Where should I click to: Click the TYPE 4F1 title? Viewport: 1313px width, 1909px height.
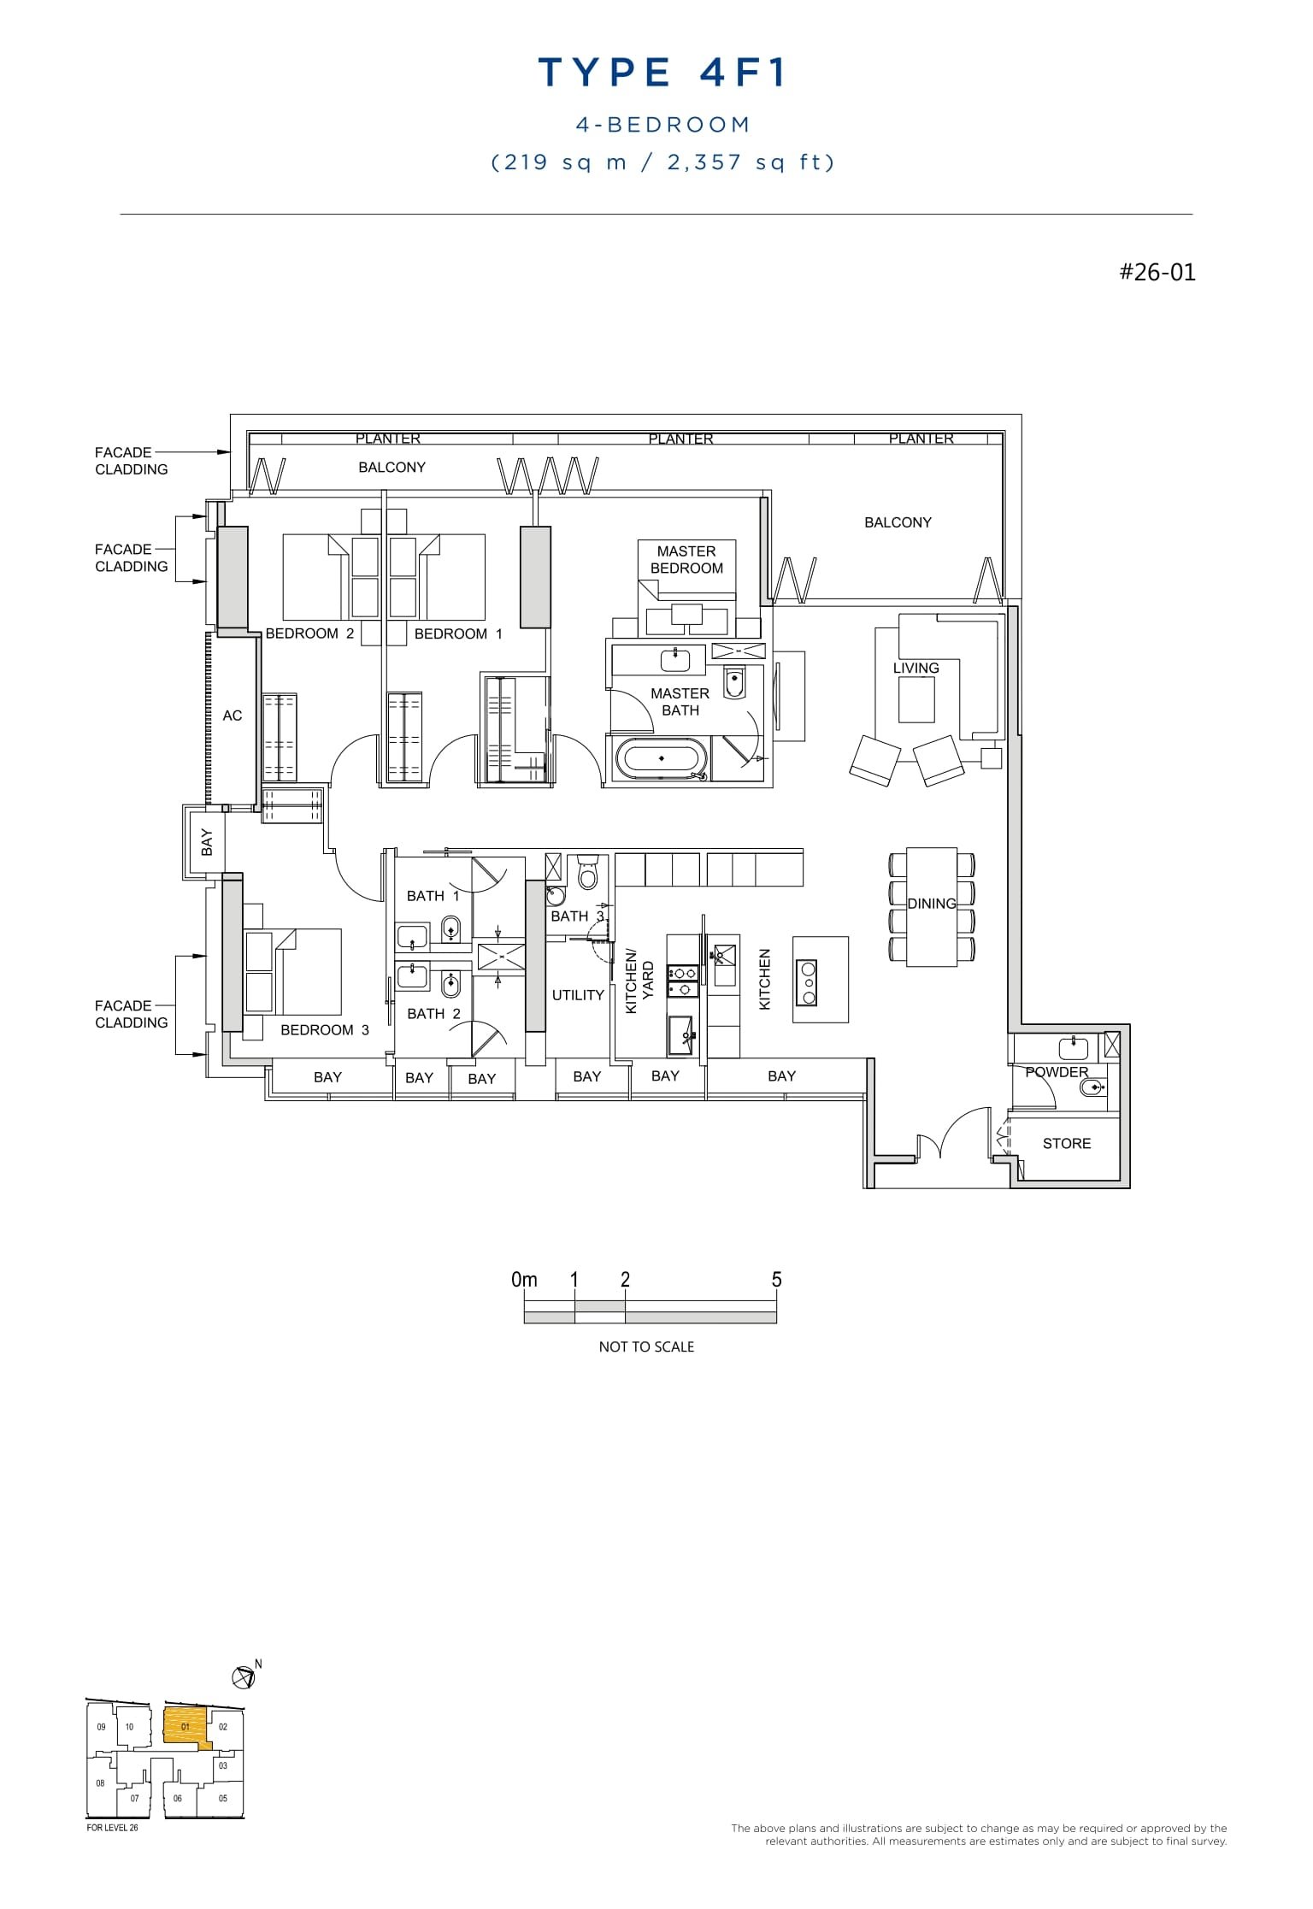[x=662, y=73]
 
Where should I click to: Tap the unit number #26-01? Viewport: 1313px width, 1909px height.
[x=1157, y=273]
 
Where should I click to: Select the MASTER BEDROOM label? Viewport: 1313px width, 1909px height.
[x=686, y=560]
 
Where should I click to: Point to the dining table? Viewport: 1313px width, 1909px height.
[x=931, y=906]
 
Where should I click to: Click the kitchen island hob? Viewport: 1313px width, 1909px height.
[x=806, y=983]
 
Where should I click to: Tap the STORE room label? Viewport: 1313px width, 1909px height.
[x=1066, y=1143]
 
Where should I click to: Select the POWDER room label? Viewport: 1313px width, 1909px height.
[x=1057, y=1072]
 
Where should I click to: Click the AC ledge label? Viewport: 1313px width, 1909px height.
[x=232, y=716]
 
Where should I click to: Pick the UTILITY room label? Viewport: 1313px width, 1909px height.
[x=578, y=995]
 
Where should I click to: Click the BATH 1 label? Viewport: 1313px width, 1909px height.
[x=433, y=896]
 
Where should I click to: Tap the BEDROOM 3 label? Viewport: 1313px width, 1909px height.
[x=325, y=1030]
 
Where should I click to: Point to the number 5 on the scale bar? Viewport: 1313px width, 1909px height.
[x=776, y=1280]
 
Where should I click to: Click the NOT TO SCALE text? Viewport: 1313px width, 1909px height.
[x=646, y=1346]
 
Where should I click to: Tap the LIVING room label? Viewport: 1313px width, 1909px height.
[x=916, y=668]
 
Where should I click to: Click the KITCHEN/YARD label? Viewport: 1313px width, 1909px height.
[x=639, y=981]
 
